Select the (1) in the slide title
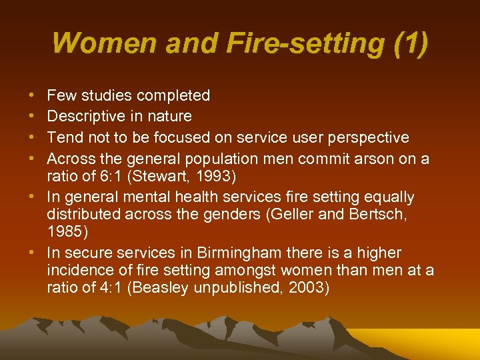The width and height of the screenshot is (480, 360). point(407,43)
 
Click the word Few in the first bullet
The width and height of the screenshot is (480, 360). point(61,96)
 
